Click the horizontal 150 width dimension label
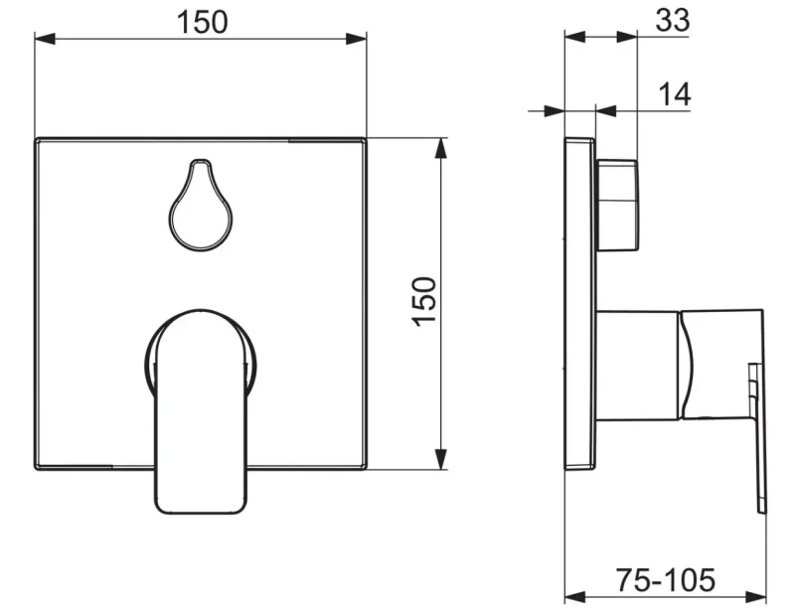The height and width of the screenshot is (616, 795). (x=203, y=22)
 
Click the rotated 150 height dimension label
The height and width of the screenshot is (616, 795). (x=424, y=302)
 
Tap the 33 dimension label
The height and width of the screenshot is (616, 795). (x=673, y=20)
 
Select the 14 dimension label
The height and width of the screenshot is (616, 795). (x=675, y=94)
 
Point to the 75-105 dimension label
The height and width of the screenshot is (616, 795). (x=665, y=579)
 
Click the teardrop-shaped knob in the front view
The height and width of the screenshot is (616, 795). (x=201, y=206)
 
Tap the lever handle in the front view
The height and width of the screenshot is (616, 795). (x=201, y=411)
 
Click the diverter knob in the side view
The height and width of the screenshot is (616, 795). (x=617, y=206)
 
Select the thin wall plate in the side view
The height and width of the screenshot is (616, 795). (x=580, y=304)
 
